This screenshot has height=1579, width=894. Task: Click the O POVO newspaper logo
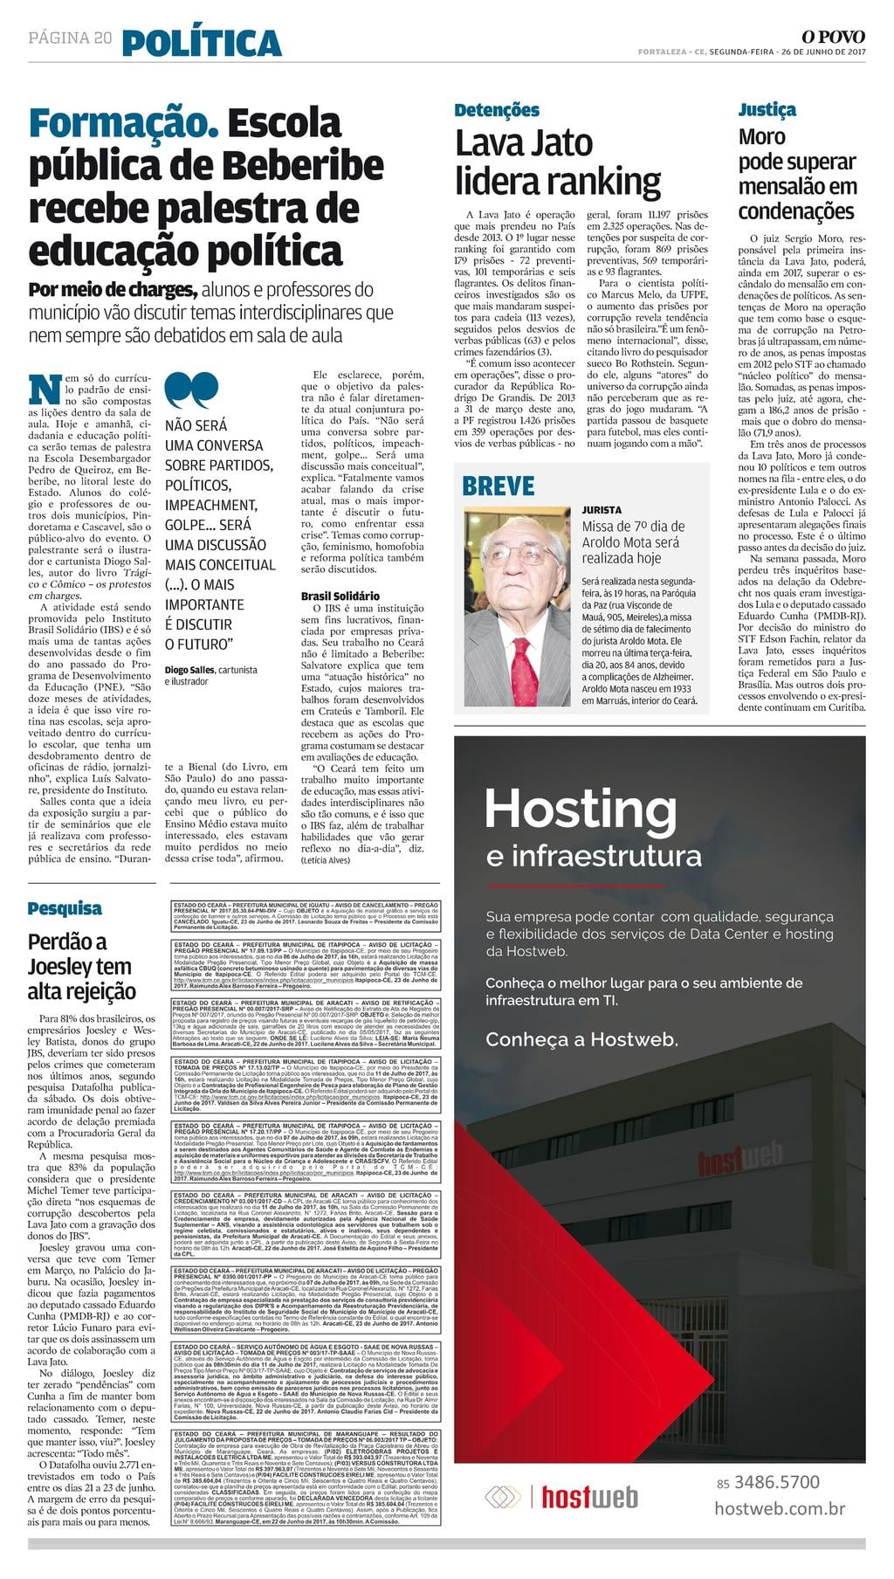click(x=833, y=37)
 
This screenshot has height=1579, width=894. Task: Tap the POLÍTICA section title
click(x=202, y=43)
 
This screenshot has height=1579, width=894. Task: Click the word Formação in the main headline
click(x=123, y=123)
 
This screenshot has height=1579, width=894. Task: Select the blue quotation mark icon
click(x=190, y=390)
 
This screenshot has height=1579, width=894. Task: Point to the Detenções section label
click(x=497, y=110)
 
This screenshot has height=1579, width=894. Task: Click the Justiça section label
click(x=767, y=110)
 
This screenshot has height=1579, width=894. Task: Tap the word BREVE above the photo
click(x=498, y=486)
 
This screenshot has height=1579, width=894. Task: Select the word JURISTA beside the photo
click(x=602, y=509)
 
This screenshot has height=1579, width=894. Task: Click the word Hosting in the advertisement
click(x=581, y=809)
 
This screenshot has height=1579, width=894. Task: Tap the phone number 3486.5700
click(x=776, y=1482)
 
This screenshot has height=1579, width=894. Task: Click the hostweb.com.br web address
click(x=780, y=1508)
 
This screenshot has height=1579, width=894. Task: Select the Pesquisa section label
click(x=65, y=908)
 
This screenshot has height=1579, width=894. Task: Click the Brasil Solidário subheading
click(x=340, y=596)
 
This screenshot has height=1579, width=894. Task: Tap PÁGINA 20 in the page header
click(x=70, y=38)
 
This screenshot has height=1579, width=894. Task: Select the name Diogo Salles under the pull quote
click(x=189, y=670)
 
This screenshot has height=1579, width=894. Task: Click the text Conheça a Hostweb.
click(x=581, y=1039)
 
